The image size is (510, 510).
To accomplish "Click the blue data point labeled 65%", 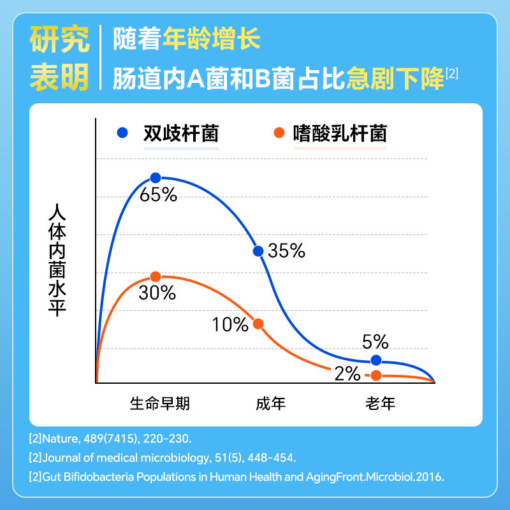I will [x=155, y=178].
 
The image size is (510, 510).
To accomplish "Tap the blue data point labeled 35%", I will [x=258, y=251].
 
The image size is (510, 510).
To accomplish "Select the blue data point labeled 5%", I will [x=376, y=360].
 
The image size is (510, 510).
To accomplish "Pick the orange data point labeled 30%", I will [x=155, y=276].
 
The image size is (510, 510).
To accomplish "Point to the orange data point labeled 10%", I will [x=258, y=324].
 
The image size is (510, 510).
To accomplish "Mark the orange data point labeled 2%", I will [x=376, y=375].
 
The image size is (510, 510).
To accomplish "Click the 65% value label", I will [x=158, y=195].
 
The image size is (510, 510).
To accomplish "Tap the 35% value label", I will [x=286, y=251].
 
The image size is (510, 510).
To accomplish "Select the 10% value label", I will [x=230, y=325].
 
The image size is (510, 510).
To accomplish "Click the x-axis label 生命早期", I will [x=159, y=404].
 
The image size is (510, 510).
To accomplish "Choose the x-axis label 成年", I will [x=271, y=404].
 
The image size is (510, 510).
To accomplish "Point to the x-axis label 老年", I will [x=381, y=404].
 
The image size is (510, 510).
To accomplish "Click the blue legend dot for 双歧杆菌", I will [x=123, y=133].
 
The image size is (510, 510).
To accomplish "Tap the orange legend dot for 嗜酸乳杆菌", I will [x=278, y=133].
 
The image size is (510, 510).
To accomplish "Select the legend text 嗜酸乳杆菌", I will [x=340, y=133].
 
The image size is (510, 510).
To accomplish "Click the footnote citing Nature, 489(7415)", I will [x=110, y=440].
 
